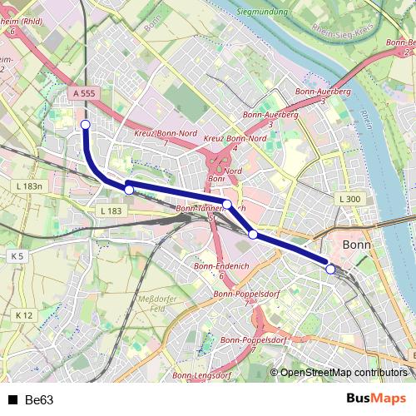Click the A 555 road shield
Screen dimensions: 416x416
tap(83, 95)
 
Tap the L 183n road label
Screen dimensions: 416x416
tap(27, 186)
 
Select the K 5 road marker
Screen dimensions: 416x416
tap(17, 256)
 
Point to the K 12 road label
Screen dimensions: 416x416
tap(23, 315)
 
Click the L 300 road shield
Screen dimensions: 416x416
tap(349, 200)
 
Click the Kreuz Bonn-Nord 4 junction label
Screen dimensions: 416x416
tap(235, 142)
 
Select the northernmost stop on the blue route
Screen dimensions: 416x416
tap(85, 125)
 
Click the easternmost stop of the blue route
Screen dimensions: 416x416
tap(330, 269)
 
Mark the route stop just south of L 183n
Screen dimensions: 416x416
tap(129, 191)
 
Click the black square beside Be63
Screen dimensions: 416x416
tap(12, 400)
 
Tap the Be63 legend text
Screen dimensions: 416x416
tap(39, 400)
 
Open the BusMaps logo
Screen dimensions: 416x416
tap(375, 399)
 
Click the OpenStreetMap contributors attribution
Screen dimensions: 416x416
tap(344, 373)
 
